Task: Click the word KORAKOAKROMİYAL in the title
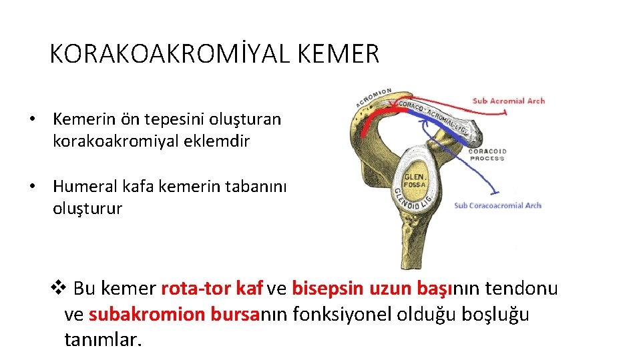(x=168, y=54)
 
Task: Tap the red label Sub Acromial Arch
(x=508, y=101)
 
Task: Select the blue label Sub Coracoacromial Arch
(x=497, y=205)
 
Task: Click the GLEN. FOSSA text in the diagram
(x=415, y=174)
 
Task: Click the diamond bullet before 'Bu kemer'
(x=59, y=288)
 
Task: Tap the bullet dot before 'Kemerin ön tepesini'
(x=31, y=120)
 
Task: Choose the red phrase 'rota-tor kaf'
(x=212, y=289)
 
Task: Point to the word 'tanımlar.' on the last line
(x=103, y=339)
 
